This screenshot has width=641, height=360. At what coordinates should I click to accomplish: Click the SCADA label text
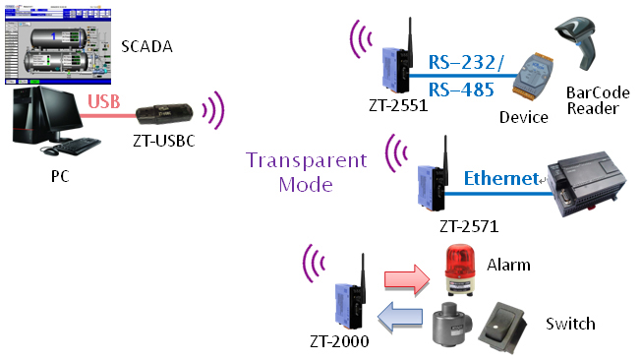tap(148, 46)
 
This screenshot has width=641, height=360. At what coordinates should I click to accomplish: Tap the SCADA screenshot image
tap(59, 44)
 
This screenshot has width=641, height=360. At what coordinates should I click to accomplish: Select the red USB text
tap(104, 101)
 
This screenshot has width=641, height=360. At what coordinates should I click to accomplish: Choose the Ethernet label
tap(499, 178)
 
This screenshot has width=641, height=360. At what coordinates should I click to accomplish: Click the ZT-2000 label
tap(339, 342)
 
